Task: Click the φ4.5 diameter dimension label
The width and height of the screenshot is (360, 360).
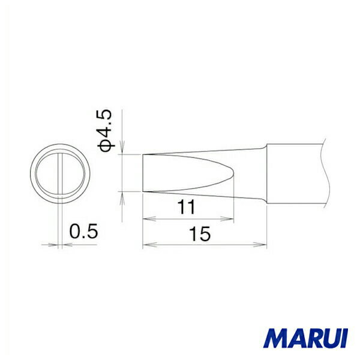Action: pyautogui.click(x=106, y=131)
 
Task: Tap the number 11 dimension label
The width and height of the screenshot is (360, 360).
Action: pyautogui.click(x=186, y=207)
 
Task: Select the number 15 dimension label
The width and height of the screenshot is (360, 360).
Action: pyautogui.click(x=199, y=234)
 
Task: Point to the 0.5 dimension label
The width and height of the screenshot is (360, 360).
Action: pyautogui.click(x=83, y=231)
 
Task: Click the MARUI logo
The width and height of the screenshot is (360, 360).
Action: pyautogui.click(x=305, y=338)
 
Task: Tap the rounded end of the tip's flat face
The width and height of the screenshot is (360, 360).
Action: pyautogui.click(x=233, y=173)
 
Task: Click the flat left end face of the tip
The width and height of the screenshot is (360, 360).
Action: pyautogui.click(x=143, y=173)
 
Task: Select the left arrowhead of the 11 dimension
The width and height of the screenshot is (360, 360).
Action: pyautogui.click(x=149, y=219)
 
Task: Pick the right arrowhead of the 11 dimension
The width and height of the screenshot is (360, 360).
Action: pyautogui.click(x=227, y=219)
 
